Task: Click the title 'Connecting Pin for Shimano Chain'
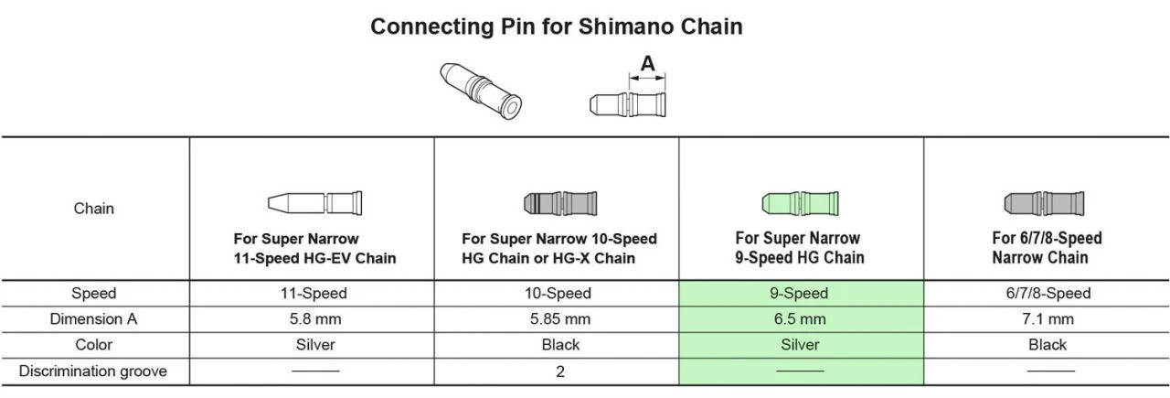[x=556, y=27]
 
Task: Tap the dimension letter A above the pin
[x=647, y=64]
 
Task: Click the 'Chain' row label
[x=94, y=208]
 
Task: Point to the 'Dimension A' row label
[x=94, y=319]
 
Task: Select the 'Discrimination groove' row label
[x=94, y=371]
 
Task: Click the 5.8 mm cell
[x=314, y=319]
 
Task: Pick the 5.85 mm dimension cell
[x=558, y=319]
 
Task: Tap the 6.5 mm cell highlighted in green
[x=801, y=319]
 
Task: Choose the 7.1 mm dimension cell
[x=1047, y=319]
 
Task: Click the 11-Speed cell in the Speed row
[x=314, y=294]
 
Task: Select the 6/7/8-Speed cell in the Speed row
[x=1047, y=294]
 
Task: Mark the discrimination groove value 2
[x=558, y=371]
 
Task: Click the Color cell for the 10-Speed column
[x=558, y=345]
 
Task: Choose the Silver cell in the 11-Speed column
[x=314, y=345]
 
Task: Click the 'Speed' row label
[x=94, y=294]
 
